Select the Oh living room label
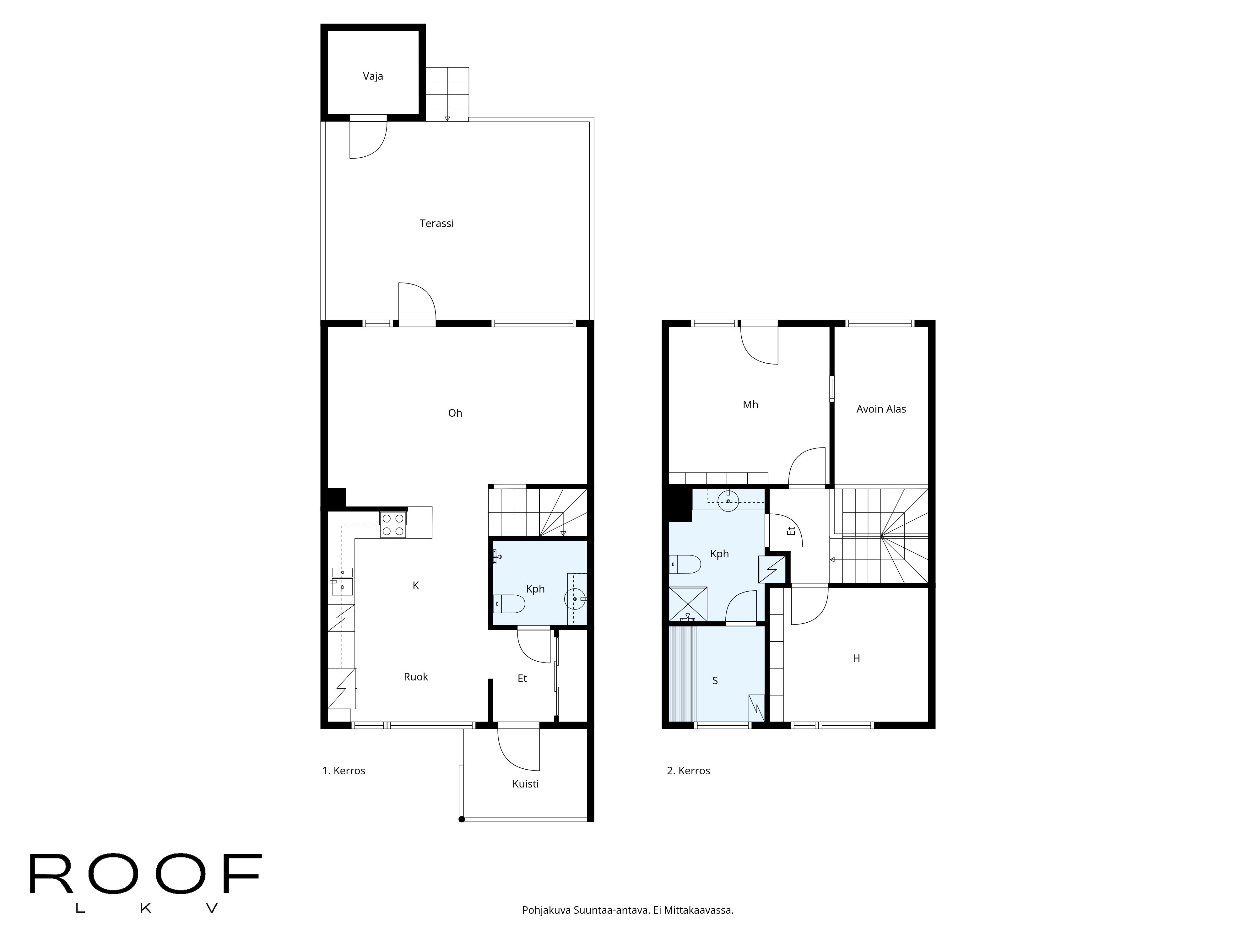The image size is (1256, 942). click(455, 413)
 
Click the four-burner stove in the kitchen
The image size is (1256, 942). click(393, 525)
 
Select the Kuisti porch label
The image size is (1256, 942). click(525, 783)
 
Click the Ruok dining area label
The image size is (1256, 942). click(416, 676)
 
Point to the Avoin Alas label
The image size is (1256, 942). click(881, 409)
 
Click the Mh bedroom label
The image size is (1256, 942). click(750, 404)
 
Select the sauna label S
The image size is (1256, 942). click(715, 680)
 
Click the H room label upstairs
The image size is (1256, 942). click(856, 658)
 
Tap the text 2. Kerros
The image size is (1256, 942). click(688, 771)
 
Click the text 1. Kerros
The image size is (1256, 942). click(344, 771)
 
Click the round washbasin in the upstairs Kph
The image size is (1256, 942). click(727, 501)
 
